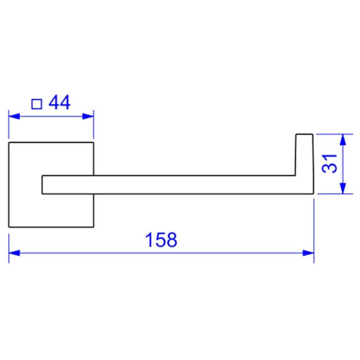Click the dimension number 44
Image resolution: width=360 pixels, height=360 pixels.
coord(59,103)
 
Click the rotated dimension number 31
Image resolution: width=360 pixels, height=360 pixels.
coord(330,163)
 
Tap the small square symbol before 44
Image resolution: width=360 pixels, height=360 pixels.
coord(37,104)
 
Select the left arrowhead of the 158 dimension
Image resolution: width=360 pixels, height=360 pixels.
coord(14,253)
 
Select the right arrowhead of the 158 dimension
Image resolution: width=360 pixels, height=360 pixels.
coord(308,253)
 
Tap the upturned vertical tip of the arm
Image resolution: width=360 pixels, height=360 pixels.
coord(304,153)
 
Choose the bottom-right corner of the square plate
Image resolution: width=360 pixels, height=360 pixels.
coord(94,227)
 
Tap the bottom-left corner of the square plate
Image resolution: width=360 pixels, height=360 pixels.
coord(9,227)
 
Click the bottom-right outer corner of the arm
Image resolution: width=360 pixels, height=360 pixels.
coord(312,194)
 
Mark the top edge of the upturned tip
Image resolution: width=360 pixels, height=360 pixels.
coord(304,134)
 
